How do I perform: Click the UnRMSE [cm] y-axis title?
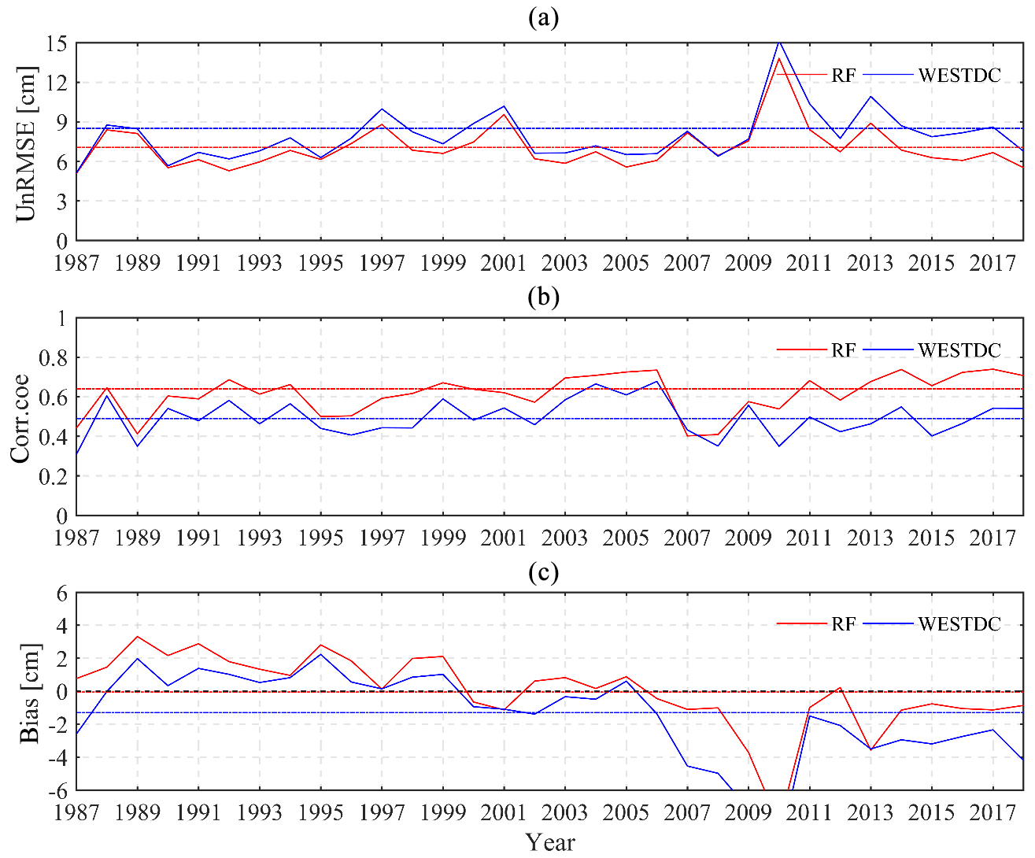coord(27,143)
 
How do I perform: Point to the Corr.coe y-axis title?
coord(20,418)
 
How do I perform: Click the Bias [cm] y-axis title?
coord(29,693)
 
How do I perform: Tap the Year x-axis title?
coord(550,842)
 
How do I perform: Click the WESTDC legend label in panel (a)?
coord(959,76)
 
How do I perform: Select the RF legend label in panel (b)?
coord(844,350)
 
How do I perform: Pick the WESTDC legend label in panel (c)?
coord(959,624)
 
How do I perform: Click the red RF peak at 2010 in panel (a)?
coord(779,58)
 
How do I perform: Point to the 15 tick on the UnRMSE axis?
coord(56,43)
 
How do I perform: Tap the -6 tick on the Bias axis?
coord(56,790)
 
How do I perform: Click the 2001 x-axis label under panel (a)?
coord(504,263)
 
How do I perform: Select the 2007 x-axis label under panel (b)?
coord(687,538)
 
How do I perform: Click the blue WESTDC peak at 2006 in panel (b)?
coord(657,381)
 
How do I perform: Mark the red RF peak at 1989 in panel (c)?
coord(138,636)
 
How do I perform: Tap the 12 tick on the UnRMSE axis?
coord(56,83)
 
